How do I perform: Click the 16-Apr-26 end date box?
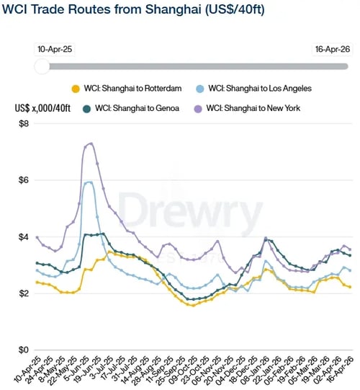pos(332,50)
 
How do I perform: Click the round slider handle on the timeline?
pos(42,66)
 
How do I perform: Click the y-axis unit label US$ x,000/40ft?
pos(43,108)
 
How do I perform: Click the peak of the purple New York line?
pos(91,143)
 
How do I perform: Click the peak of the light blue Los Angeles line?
pos(89,182)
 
